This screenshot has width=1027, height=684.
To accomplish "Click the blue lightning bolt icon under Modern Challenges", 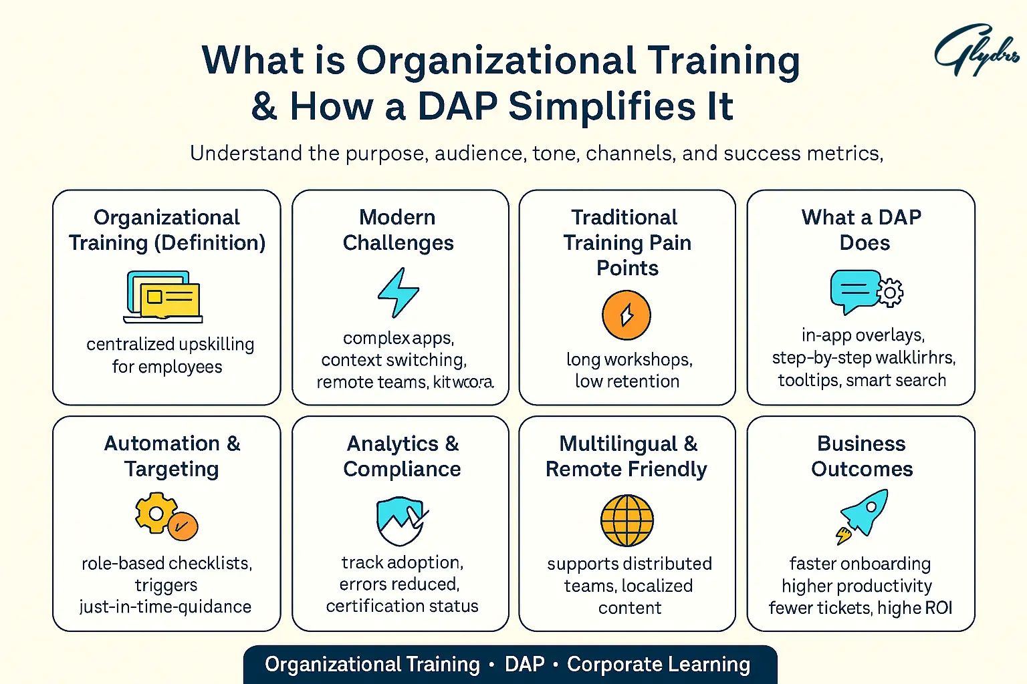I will (x=398, y=293).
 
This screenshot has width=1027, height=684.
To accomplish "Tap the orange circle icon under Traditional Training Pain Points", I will (x=626, y=315).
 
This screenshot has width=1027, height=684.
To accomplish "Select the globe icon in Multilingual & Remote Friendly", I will (x=627, y=520).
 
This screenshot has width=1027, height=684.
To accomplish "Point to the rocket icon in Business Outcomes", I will (x=865, y=515).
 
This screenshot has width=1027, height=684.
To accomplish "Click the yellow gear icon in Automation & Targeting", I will (x=156, y=513).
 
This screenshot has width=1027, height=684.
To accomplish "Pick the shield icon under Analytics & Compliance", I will (x=401, y=520).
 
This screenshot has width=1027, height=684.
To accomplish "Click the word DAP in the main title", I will (x=457, y=107).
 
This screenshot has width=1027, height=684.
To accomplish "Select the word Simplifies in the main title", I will (x=602, y=107).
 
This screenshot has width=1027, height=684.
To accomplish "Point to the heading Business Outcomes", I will (x=861, y=456).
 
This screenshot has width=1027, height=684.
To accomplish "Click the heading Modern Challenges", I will (x=398, y=230).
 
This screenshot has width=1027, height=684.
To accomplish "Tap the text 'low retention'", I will (x=627, y=381).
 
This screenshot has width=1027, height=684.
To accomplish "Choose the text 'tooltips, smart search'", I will (x=861, y=380).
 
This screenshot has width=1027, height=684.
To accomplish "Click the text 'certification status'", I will (x=402, y=606).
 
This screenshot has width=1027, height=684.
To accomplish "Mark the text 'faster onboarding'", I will (x=860, y=564).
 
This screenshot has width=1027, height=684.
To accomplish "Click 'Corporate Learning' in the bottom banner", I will (x=658, y=665).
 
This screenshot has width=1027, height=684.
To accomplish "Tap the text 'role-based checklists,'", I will (x=166, y=563).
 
